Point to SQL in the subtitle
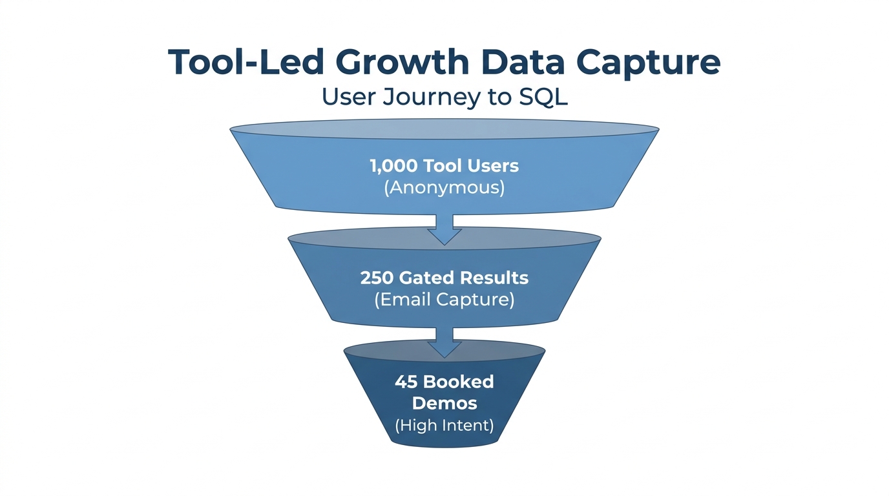tap(543, 97)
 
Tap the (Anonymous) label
tap(444, 188)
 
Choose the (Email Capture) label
tap(444, 300)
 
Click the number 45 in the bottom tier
tap(406, 382)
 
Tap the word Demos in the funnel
tap(444, 404)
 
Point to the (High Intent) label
tap(444, 426)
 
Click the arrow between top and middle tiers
tap(444, 230)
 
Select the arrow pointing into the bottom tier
tap(444, 342)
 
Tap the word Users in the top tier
tap(496, 166)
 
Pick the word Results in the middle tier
tap(494, 278)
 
